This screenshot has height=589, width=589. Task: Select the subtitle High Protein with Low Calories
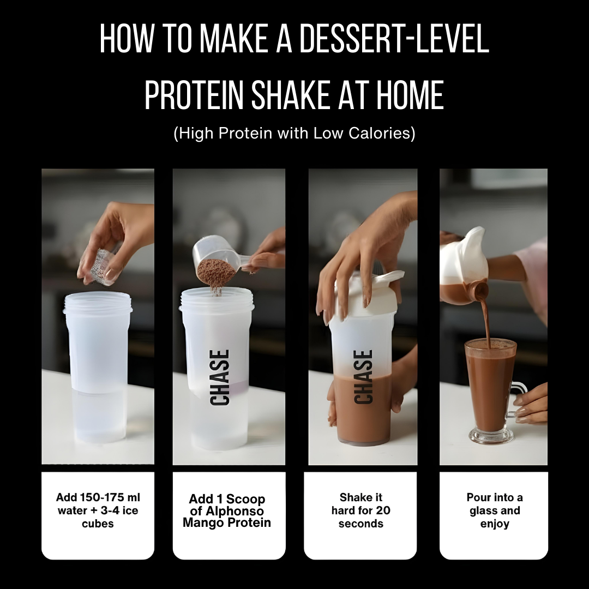pos(294,134)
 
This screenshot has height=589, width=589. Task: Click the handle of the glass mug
pos(519,398)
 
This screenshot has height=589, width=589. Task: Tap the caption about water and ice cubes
pos(98,510)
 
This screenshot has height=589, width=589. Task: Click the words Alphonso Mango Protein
pos(227,517)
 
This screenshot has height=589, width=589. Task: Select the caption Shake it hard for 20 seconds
pos(361,510)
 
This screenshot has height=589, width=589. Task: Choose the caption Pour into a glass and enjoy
pos(494,510)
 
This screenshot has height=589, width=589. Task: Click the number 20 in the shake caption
pos(383,510)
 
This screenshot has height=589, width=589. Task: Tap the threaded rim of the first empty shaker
pos(98,302)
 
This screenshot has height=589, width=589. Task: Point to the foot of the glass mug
pos(491,436)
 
